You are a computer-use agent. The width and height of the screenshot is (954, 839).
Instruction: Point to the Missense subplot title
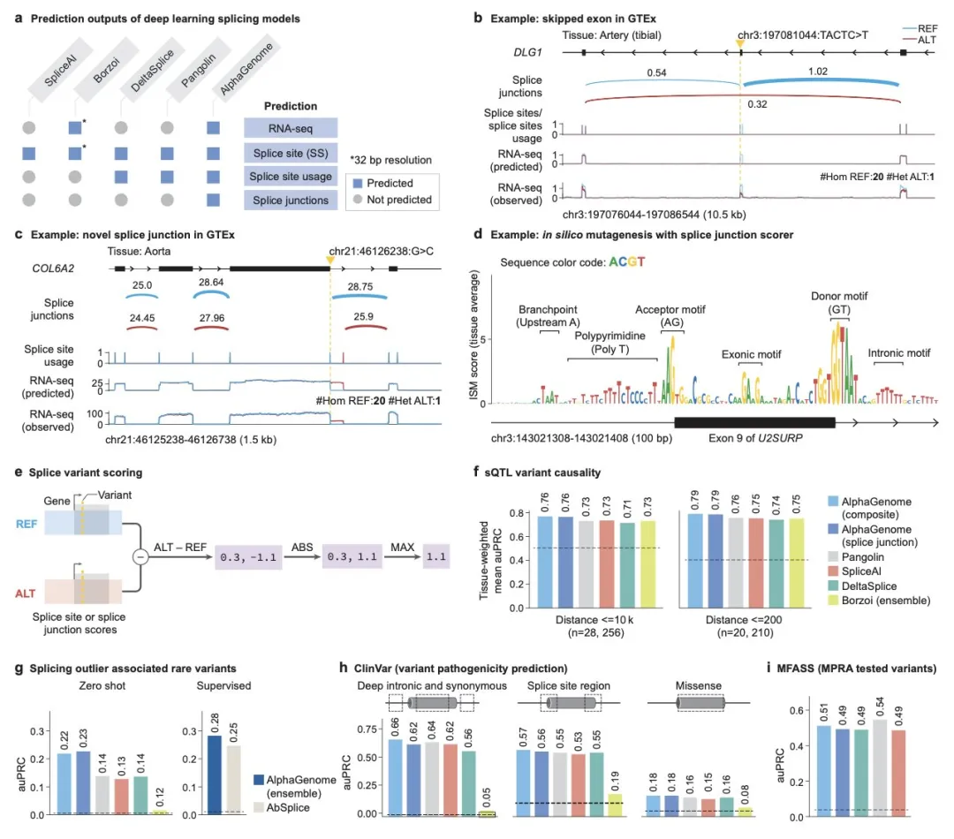tap(699, 686)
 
